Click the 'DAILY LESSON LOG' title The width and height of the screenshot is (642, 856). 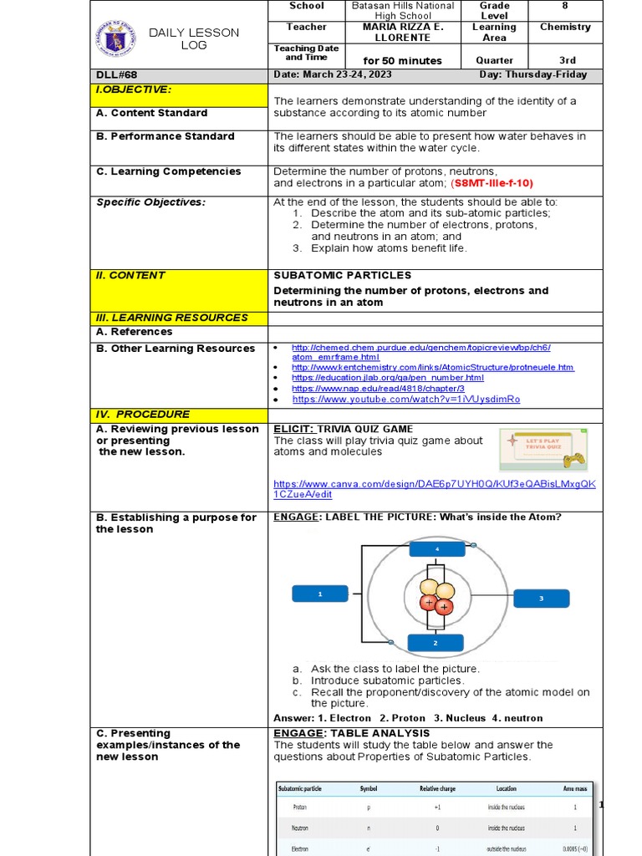pyautogui.click(x=194, y=38)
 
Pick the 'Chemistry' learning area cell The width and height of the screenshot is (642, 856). pyautogui.click(x=565, y=27)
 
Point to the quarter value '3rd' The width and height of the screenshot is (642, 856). pyautogui.click(x=565, y=60)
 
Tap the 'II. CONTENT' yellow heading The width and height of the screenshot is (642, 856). pyautogui.click(x=131, y=275)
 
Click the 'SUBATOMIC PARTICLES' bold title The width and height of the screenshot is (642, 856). pyautogui.click(x=342, y=275)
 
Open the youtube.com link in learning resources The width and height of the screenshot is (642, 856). pyautogui.click(x=405, y=400)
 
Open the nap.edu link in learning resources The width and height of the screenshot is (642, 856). pyautogui.click(x=378, y=389)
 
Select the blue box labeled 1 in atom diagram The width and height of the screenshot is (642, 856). pyautogui.click(x=319, y=594)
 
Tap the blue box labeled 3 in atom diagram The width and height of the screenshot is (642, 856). pyautogui.click(x=541, y=599)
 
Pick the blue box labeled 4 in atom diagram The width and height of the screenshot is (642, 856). pyautogui.click(x=436, y=549)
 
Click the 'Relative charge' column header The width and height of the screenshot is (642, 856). pyautogui.click(x=438, y=788)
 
